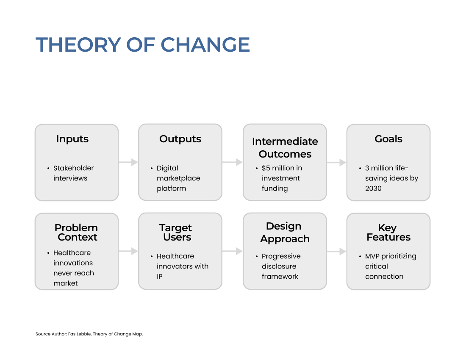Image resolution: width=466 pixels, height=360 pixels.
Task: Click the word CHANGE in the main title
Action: (205, 45)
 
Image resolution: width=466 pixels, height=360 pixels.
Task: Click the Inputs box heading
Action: (72, 139)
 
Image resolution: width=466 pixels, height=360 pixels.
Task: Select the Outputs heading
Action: (180, 139)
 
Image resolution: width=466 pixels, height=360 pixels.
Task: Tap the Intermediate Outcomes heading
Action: (285, 148)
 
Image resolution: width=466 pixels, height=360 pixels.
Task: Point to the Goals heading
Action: (388, 139)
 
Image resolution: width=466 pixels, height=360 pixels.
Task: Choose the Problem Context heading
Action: (76, 232)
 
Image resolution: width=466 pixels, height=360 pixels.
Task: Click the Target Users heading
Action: (176, 232)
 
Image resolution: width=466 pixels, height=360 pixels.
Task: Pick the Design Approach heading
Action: (285, 232)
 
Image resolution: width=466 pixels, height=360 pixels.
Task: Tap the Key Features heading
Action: (388, 232)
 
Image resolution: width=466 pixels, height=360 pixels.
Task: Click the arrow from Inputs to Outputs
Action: (128, 162)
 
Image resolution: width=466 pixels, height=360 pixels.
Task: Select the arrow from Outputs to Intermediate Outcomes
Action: (233, 162)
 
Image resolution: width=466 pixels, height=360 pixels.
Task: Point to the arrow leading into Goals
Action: (336, 163)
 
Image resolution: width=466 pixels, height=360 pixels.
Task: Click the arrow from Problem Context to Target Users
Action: (128, 251)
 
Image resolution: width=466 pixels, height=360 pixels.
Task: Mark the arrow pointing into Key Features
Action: (336, 252)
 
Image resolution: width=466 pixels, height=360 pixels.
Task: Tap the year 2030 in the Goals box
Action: (373, 188)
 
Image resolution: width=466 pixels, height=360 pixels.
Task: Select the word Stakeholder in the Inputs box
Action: (73, 168)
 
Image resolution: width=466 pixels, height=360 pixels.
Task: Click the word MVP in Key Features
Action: (372, 256)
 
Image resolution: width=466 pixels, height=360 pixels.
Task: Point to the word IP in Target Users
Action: (160, 277)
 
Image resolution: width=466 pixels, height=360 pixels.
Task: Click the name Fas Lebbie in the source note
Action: (79, 334)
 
